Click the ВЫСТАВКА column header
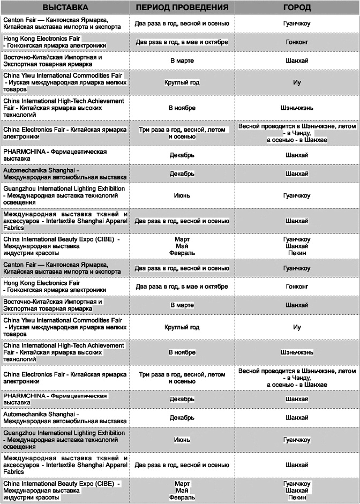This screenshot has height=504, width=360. tap(66, 8)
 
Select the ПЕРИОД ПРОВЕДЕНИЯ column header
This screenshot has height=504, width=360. tap(182, 8)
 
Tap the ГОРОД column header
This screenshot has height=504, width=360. tap(297, 8)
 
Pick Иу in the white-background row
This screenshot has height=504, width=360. tap(297, 327)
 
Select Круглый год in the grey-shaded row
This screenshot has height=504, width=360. tap(182, 82)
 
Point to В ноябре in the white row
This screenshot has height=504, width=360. tap(182, 108)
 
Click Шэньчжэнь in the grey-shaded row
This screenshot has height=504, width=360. tap(297, 352)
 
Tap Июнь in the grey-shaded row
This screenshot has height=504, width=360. tap(182, 440)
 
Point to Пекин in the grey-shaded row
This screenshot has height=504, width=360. tap(297, 497)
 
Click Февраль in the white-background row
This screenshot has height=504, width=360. tap(182, 252)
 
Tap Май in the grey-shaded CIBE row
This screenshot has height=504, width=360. tap(182, 490)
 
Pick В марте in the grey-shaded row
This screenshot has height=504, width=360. tap(182, 305)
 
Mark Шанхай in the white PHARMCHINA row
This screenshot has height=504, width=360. tap(297, 155)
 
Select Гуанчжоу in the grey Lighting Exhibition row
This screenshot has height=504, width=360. tap(297, 440)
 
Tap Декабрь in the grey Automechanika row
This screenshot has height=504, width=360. tap(182, 174)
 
